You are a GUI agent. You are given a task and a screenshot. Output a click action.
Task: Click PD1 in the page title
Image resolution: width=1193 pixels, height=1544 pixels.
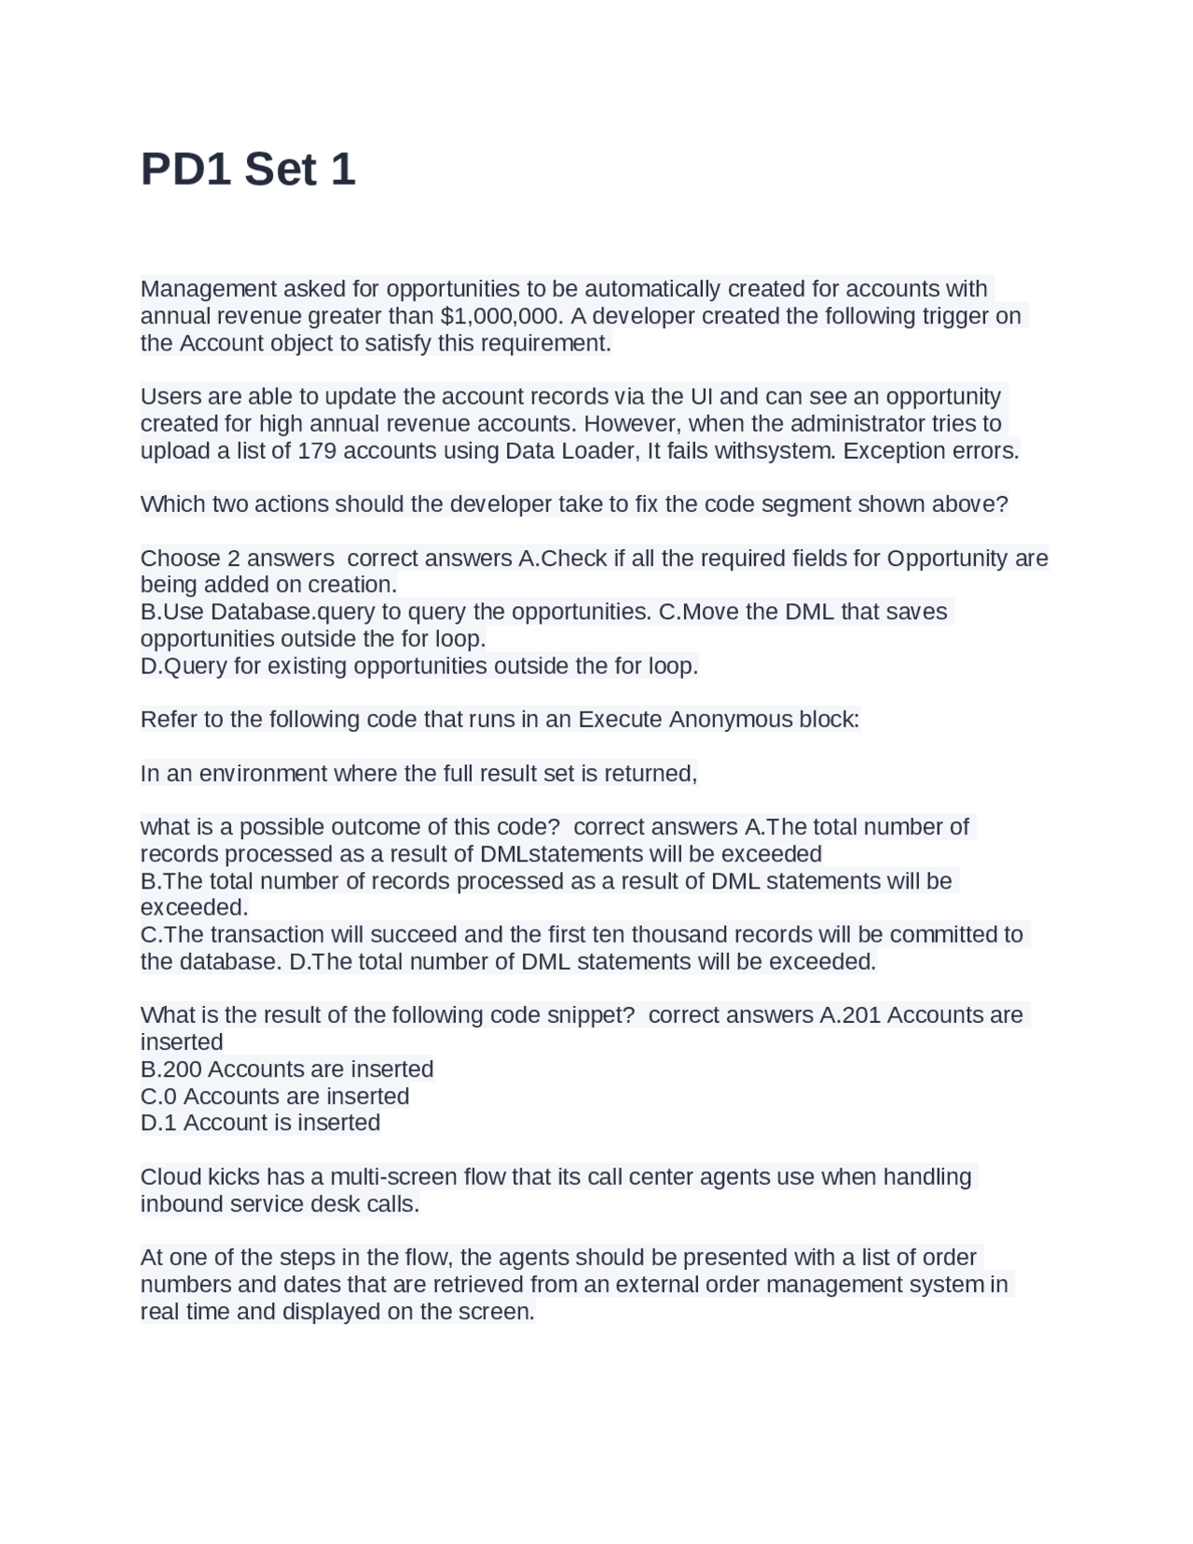(185, 170)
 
